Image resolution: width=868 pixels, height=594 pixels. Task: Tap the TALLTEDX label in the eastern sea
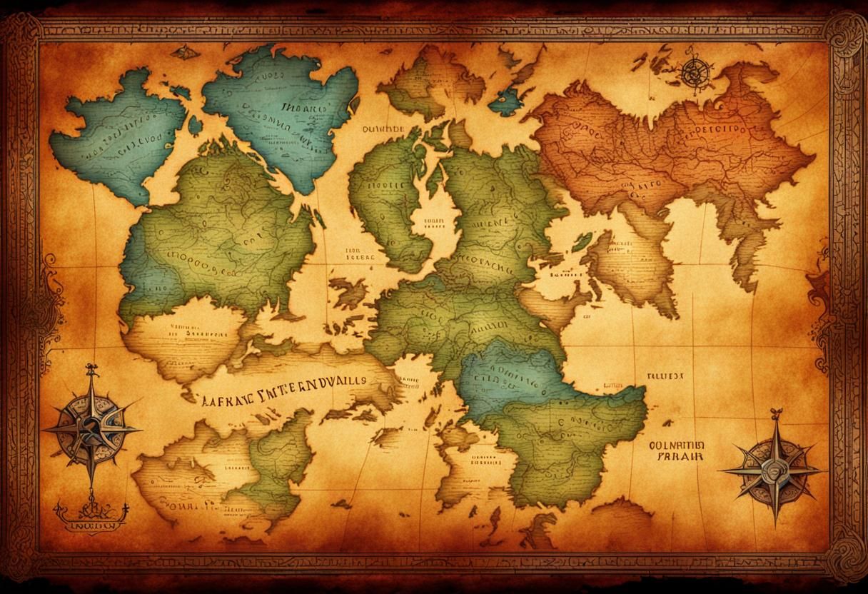pyautogui.click(x=665, y=374)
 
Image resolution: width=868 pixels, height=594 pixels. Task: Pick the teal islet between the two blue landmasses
pyautogui.click(x=195, y=125)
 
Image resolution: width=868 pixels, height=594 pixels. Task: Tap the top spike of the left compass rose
pyautogui.click(x=91, y=370)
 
